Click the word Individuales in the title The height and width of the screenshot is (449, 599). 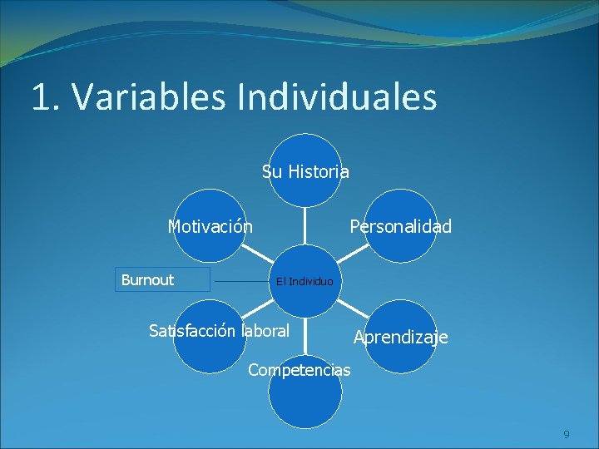(x=336, y=97)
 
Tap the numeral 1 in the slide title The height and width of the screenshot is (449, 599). (x=40, y=97)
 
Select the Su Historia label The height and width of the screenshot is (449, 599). (x=305, y=172)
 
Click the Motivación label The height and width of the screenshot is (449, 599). (x=210, y=226)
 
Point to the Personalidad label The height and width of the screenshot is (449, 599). (x=400, y=226)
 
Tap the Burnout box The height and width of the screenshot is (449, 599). (x=162, y=279)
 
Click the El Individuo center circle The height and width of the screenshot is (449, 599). (x=304, y=281)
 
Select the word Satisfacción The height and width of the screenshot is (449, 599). (x=193, y=331)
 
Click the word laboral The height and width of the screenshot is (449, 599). (x=265, y=331)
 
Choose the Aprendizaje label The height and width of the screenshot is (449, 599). (x=400, y=337)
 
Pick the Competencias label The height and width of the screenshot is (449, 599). (x=299, y=369)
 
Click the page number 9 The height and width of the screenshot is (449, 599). (x=567, y=435)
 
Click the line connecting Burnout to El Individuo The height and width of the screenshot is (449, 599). (x=241, y=281)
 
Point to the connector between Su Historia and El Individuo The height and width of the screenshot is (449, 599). (x=305, y=224)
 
